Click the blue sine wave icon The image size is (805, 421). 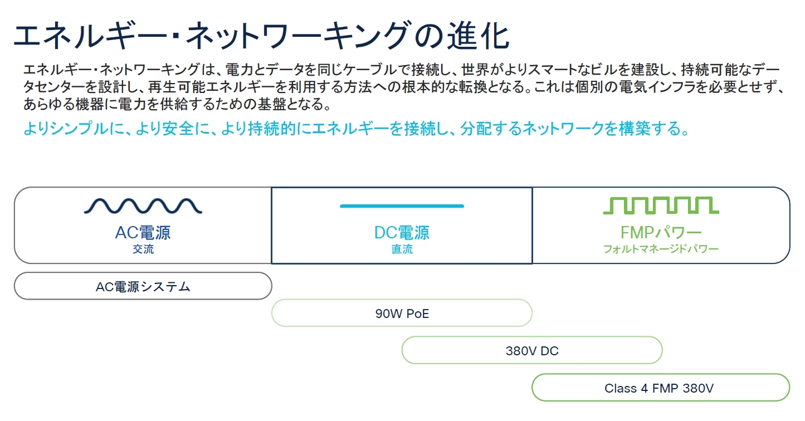(143, 206)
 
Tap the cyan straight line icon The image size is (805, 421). (402, 206)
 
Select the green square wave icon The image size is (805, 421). (661, 205)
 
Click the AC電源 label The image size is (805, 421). (143, 232)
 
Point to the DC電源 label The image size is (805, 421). (402, 232)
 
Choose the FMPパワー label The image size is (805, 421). (661, 232)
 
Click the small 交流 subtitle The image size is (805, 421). (143, 249)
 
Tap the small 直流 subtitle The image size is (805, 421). (402, 249)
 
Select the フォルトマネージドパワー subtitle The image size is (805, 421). (661, 249)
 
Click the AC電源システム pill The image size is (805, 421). (143, 286)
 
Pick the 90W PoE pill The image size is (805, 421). (402, 313)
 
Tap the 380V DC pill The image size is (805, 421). (532, 351)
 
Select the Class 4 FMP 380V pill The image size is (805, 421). (661, 388)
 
